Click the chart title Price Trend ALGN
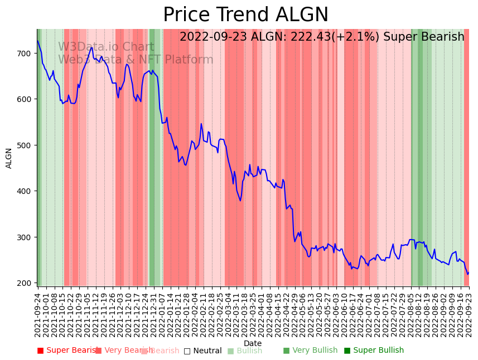point(245,15)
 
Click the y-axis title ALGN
point(9,158)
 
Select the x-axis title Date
point(253,343)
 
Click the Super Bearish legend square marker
point(40,351)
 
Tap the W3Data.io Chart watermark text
point(106,47)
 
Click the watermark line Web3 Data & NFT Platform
point(136,60)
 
